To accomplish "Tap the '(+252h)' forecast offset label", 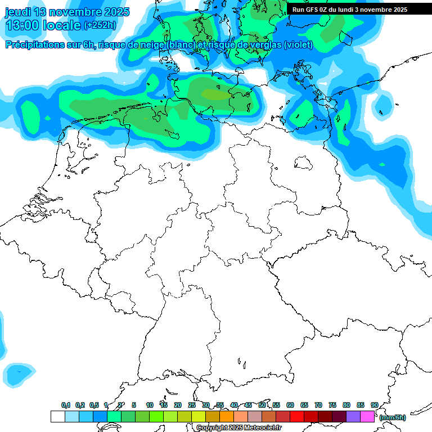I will [x=100, y=25].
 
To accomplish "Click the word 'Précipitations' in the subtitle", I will [x=42, y=45].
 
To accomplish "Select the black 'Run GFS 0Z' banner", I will [x=350, y=9].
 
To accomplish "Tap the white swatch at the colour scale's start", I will [x=57, y=416].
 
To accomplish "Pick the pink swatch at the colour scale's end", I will [x=367, y=416].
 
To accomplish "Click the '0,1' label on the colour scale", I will [x=66, y=405].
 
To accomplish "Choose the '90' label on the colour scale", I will [x=375, y=405].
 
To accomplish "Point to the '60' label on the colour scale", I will [x=290, y=405].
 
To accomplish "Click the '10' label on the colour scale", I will [x=150, y=405].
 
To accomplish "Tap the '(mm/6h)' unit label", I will [x=392, y=417].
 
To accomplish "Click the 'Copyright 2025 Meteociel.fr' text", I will [x=239, y=427].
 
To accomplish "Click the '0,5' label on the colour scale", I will [x=94, y=405].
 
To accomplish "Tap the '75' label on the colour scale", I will [x=332, y=405].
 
